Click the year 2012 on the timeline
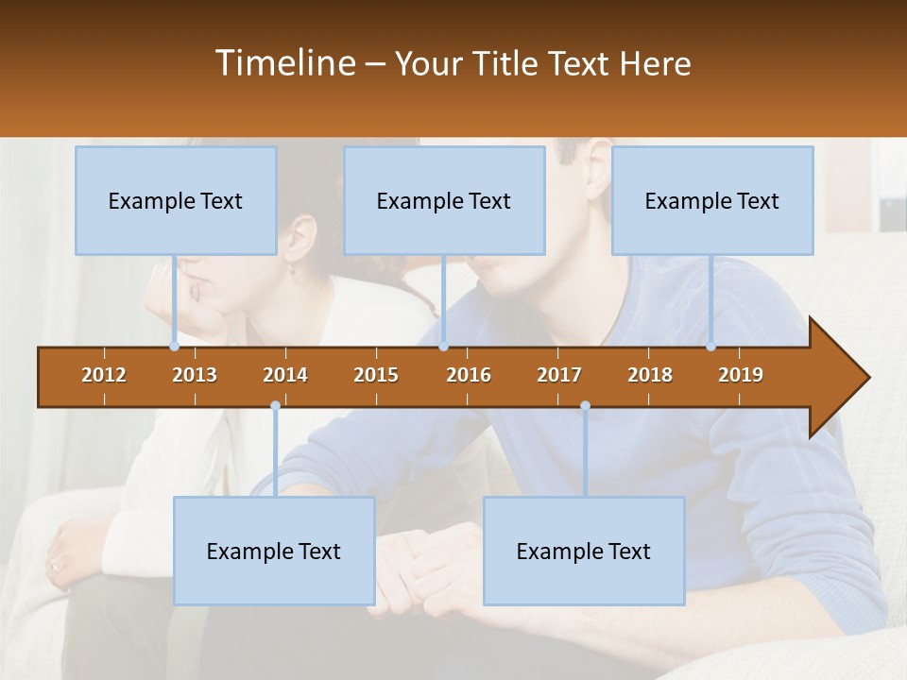(x=104, y=375)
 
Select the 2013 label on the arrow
(x=195, y=375)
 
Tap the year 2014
(x=285, y=375)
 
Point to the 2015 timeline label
(x=376, y=375)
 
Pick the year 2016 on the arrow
(x=469, y=375)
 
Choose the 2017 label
(x=559, y=375)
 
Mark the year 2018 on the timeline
(x=650, y=375)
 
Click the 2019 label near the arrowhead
(x=741, y=375)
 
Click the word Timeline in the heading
(x=285, y=63)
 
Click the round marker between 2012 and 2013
(x=175, y=346)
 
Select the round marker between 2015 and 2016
(x=443, y=346)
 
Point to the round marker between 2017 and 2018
(x=585, y=406)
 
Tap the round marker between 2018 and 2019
(x=711, y=346)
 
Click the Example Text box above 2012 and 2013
(x=176, y=200)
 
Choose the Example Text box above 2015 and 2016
(x=444, y=200)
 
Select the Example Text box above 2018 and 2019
(x=712, y=200)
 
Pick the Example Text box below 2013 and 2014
(x=274, y=551)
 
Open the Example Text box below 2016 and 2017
(x=584, y=551)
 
